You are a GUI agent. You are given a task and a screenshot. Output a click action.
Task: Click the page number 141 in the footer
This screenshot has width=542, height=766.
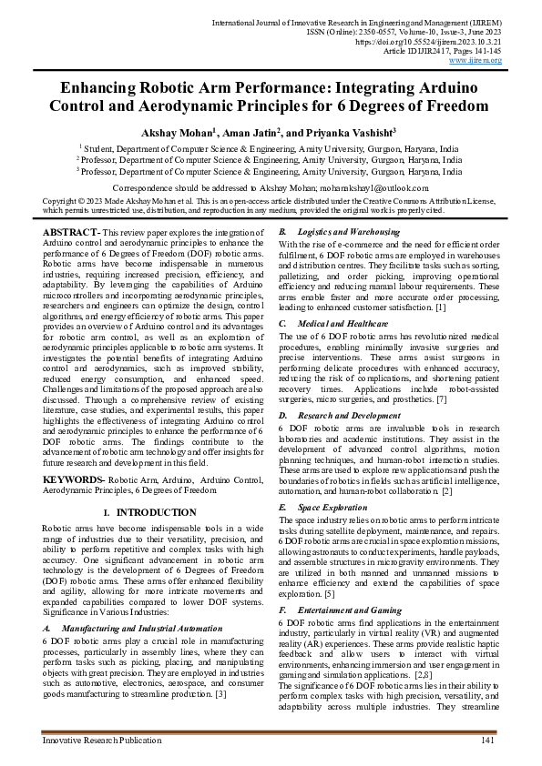[486, 742]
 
